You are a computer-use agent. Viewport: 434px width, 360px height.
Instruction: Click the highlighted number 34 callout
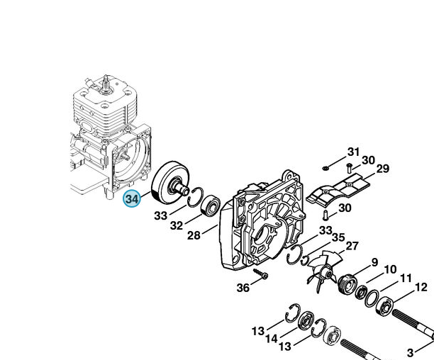pos(132,198)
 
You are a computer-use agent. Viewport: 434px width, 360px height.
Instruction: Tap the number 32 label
pos(177,225)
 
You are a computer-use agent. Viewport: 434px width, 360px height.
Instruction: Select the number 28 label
pos(194,235)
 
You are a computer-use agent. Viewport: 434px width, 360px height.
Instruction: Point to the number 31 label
pos(353,152)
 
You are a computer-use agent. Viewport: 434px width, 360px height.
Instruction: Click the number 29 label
pos(383,169)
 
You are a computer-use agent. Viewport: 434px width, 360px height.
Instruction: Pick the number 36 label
pos(243,288)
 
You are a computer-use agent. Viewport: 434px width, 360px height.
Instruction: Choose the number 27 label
pos(352,245)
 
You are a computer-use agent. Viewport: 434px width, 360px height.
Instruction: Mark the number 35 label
pos(338,237)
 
